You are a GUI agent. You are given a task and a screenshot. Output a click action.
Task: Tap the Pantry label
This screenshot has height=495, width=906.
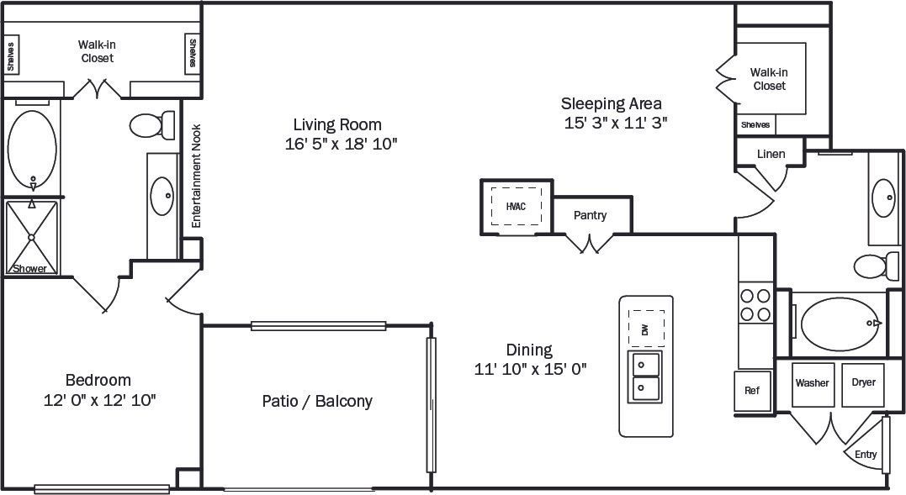[590, 215]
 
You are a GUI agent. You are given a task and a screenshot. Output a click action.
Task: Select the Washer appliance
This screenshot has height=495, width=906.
[812, 383]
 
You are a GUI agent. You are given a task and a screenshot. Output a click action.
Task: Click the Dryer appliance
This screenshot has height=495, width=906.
[863, 383]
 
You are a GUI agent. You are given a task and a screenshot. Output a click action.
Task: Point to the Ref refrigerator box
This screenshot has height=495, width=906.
[752, 391]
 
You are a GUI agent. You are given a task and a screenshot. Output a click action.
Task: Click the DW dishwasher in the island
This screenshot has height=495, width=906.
[646, 329]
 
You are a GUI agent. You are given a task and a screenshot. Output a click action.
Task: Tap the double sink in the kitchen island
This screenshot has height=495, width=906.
[646, 376]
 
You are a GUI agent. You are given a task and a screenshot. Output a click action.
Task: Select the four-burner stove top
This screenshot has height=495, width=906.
[755, 305]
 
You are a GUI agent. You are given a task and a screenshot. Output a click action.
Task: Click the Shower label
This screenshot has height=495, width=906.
[30, 269]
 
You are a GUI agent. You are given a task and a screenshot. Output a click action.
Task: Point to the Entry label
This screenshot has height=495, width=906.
[866, 455]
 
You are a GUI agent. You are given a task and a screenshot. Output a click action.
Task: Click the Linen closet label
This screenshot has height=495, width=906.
[771, 154]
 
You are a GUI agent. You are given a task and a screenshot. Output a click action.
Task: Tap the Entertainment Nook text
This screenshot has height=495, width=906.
[195, 176]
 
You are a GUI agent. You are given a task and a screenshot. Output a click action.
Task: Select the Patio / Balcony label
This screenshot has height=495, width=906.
[317, 401]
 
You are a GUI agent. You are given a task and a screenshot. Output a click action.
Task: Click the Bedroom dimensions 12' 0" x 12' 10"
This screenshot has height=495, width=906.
[99, 400]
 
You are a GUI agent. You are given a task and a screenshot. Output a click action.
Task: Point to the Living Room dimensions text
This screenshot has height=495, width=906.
[341, 144]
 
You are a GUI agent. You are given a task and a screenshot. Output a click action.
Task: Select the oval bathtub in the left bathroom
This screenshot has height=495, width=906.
[32, 149]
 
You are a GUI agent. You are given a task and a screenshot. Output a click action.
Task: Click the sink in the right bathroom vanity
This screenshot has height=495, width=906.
[884, 198]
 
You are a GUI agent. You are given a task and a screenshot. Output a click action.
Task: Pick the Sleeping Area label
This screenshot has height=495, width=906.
[612, 103]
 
